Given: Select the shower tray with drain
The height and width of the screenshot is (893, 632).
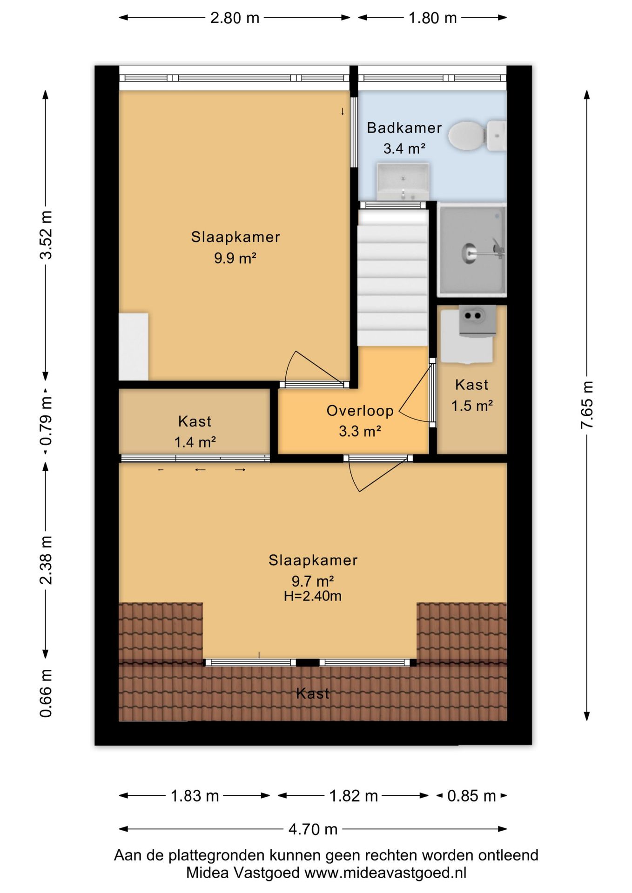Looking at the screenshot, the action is point(472,250).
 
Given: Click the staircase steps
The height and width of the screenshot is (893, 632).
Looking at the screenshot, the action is point(392,278).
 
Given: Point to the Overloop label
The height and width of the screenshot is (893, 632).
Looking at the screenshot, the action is point(360,411).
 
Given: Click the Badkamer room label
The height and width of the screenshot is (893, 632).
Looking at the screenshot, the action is point(404,128).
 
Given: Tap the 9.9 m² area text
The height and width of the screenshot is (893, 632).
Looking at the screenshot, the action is point(235,258).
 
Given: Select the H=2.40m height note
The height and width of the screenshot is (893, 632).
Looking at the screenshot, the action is point(313,596).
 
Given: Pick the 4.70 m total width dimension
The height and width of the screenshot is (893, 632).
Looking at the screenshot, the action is point(313,829).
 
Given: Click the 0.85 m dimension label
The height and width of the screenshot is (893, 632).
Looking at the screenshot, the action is point(471,796).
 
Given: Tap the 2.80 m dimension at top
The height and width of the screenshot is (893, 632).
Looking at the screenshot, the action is point(235,18).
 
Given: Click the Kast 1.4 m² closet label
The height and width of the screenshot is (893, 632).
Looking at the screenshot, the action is point(195,431).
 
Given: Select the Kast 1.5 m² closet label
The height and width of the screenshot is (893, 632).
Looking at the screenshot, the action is point(472,395).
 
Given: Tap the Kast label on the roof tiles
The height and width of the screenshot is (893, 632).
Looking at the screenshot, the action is point(313,693).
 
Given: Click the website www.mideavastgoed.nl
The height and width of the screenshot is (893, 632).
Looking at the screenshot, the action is point(385,873).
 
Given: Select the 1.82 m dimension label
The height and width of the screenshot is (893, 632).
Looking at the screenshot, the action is point(353,796).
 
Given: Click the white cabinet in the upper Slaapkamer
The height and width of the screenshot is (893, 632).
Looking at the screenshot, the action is point(134,347).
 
